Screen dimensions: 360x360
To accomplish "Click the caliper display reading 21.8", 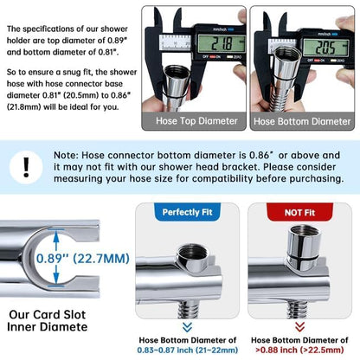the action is point(222,44).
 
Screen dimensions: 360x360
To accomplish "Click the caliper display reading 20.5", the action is point(325,48).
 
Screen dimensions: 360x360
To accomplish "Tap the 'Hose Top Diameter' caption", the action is point(196,121).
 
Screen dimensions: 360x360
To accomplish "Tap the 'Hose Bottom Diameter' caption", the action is point(302,121).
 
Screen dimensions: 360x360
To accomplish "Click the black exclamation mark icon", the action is point(26,167).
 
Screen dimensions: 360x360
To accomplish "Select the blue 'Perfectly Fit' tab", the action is point(187,212).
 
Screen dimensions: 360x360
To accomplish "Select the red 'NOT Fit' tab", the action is point(299,212).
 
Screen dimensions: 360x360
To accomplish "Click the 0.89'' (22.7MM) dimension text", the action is point(83,259).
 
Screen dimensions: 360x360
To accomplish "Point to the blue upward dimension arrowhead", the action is point(56,237).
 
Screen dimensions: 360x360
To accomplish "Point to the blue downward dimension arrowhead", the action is point(56,280).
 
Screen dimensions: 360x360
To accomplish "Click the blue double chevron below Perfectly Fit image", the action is point(187,327).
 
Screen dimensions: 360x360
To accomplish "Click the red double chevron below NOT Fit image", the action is point(299,327).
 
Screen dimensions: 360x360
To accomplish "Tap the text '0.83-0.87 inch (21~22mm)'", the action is point(188,350).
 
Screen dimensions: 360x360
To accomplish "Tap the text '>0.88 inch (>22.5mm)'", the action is point(299,350).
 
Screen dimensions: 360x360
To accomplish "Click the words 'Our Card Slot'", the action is point(48,314).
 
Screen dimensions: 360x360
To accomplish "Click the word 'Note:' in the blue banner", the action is point(66,155).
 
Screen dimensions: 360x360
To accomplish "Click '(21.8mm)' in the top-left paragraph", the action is point(24,107).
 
